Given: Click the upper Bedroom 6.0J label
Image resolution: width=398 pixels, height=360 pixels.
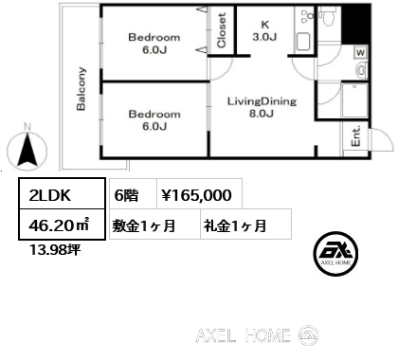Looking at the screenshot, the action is point(154,44).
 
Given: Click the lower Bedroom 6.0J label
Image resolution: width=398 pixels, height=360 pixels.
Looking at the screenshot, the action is point(154,120).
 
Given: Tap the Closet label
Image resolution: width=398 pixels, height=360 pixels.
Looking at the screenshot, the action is point(222,30).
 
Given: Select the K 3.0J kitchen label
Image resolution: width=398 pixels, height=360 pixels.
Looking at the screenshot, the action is point(264,30).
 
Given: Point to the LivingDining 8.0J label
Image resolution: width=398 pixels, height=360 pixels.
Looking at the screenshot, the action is point(262,107).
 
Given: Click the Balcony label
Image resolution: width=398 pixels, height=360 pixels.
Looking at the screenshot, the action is point(81,88).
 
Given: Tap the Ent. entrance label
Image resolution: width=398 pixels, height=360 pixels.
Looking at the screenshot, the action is point(355,136).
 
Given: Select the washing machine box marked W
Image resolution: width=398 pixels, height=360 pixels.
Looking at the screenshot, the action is point(360,52).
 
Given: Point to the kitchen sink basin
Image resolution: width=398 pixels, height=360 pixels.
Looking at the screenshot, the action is point(303,42).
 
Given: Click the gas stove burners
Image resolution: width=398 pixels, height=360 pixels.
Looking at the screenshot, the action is point(307,16).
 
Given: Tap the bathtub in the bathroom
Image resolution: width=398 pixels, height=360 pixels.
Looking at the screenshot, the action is point(354,100).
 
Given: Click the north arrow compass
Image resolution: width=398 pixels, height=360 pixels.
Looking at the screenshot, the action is point(27,150).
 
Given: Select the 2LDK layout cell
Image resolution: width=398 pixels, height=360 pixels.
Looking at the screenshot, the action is point(62,193).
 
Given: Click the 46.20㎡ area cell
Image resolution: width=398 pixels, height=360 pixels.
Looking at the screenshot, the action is point(62,224).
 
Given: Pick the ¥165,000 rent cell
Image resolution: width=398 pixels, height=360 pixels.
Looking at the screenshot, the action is point(199,193).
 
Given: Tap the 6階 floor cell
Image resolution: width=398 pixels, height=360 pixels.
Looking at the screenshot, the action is point(133,193).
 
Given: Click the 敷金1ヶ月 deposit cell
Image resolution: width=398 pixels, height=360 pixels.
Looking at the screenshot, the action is point(154,224).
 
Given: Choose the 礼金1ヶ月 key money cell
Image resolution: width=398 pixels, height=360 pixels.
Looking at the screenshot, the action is point(245,224).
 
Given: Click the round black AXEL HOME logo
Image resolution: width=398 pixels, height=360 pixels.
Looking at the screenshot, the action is point(335,254).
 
